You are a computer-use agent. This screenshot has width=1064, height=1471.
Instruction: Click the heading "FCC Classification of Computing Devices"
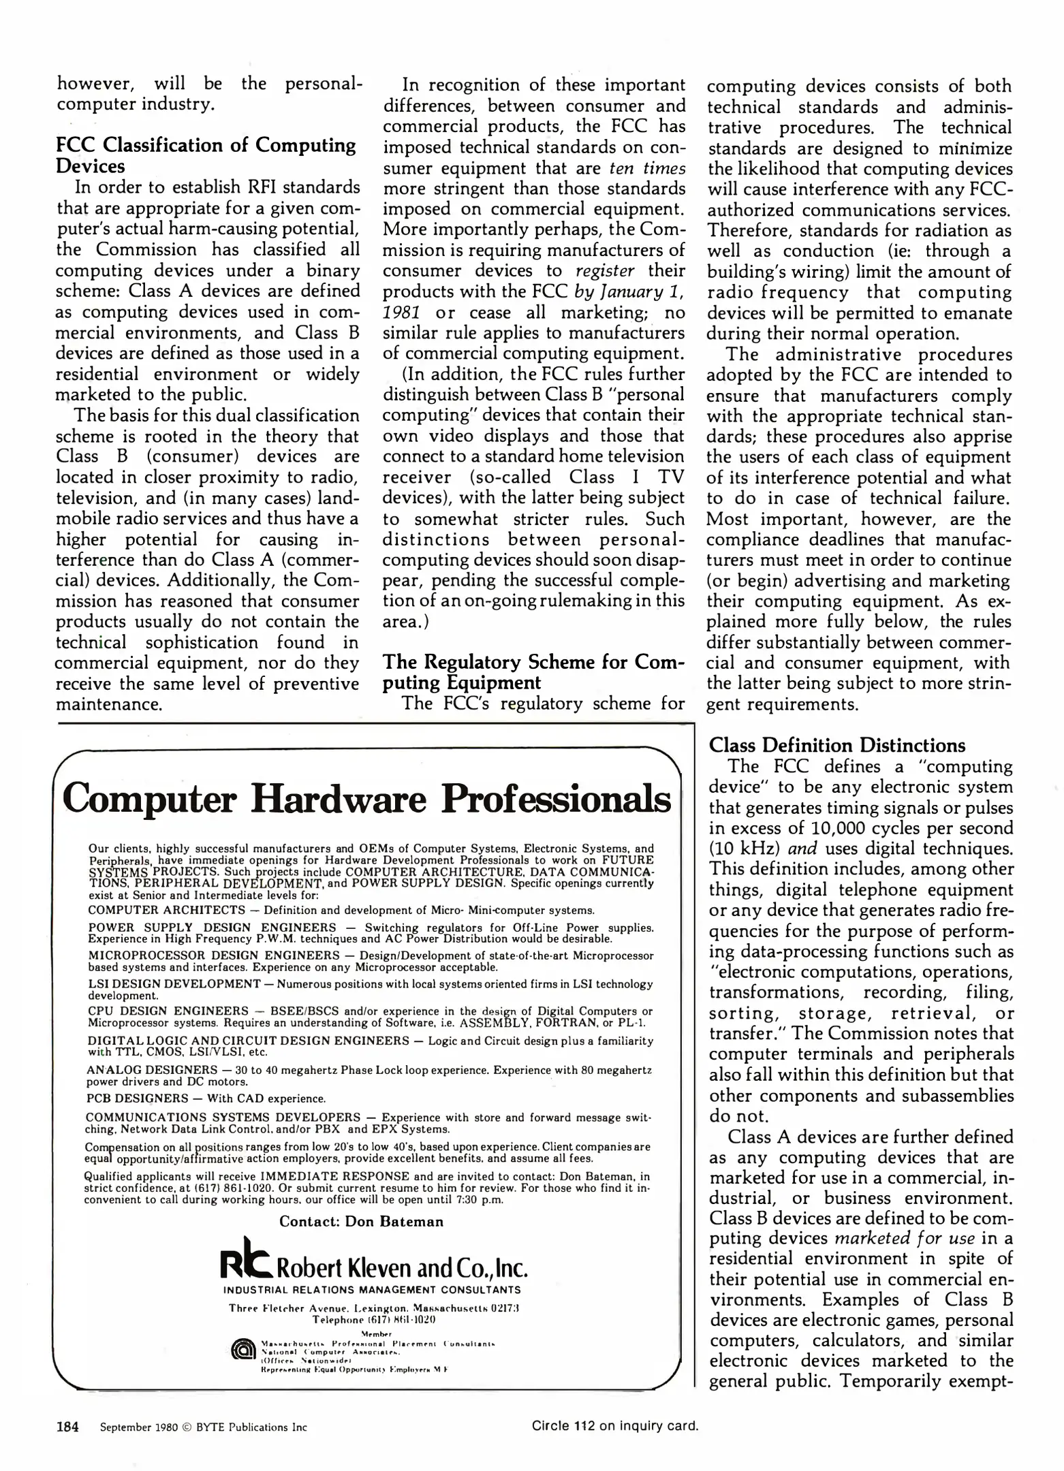pos(205,155)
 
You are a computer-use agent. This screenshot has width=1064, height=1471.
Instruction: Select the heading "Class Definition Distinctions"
pos(836,745)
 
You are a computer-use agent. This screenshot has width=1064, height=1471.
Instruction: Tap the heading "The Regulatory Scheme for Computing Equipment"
pos(533,671)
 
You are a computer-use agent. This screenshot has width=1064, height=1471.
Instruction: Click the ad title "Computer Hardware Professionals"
pos(366,798)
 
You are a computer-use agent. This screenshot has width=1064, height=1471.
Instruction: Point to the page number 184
pos(67,1426)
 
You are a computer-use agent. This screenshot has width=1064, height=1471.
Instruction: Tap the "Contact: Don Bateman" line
pos(361,1221)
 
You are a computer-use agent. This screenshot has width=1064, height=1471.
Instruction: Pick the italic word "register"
pos(604,271)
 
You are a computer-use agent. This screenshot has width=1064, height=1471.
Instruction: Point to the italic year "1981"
pos(401,313)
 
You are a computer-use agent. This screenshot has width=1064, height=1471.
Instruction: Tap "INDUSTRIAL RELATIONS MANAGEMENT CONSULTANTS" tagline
pos(372,1289)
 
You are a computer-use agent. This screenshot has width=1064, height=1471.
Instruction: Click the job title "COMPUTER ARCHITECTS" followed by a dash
pos(166,910)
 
